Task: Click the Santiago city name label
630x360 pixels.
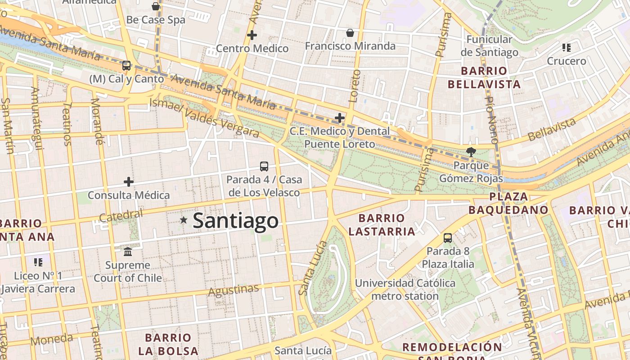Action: pyautogui.click(x=235, y=221)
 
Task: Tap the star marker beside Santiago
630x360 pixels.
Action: pyautogui.click(x=184, y=220)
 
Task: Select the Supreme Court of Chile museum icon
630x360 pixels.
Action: pyautogui.click(x=128, y=251)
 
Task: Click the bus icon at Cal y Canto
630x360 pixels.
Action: pyautogui.click(x=126, y=66)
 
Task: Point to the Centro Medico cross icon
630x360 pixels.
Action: pyautogui.click(x=252, y=35)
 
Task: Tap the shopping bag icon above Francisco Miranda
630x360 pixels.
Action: pyautogui.click(x=350, y=32)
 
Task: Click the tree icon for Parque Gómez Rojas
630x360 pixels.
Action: pyautogui.click(x=471, y=152)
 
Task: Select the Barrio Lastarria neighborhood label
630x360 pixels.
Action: pyautogui.click(x=382, y=225)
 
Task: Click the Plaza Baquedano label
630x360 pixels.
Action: pyautogui.click(x=508, y=203)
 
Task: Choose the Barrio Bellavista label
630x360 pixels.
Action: pyautogui.click(x=484, y=77)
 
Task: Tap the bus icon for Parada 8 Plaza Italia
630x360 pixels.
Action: pyautogui.click(x=448, y=238)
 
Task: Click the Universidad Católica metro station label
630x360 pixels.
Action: pyautogui.click(x=405, y=290)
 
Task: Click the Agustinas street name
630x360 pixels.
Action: pyautogui.click(x=233, y=290)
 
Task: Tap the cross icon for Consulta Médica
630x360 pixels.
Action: pyautogui.click(x=129, y=182)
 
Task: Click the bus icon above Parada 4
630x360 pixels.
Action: pyautogui.click(x=264, y=166)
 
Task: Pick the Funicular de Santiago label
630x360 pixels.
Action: pyautogui.click(x=489, y=46)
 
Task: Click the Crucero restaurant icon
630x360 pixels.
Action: pyautogui.click(x=567, y=47)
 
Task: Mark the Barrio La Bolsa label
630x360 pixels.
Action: pyautogui.click(x=168, y=344)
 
